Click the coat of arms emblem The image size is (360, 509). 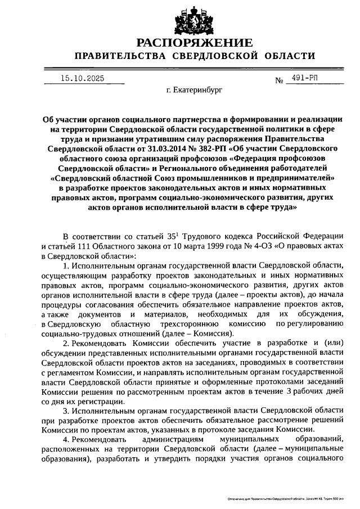[180, 17]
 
